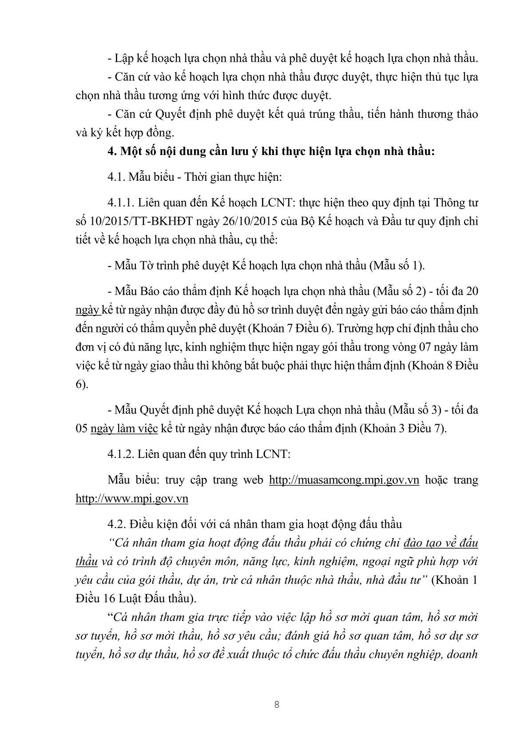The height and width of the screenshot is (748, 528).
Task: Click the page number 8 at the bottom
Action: [x=276, y=705]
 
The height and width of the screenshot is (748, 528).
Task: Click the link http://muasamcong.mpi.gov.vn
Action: [x=345, y=480]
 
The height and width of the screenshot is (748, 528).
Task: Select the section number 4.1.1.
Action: [x=121, y=203]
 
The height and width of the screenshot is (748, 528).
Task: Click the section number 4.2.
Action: [x=116, y=524]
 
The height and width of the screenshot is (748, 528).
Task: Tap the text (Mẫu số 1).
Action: [x=398, y=266]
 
